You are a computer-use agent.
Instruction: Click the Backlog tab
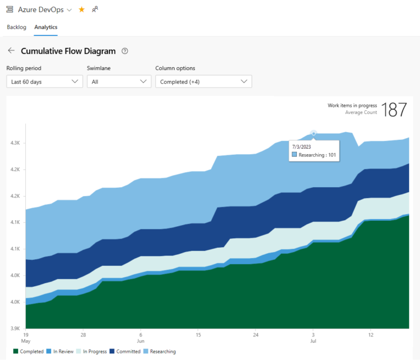[16, 27]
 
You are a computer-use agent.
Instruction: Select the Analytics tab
[46, 27]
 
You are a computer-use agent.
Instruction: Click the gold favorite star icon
[82, 10]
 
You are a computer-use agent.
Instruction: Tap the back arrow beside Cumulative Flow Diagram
[11, 51]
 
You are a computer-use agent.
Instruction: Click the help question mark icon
[125, 51]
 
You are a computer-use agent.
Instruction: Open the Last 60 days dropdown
[44, 81]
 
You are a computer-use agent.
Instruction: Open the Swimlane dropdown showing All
[118, 81]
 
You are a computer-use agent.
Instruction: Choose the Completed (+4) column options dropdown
[203, 81]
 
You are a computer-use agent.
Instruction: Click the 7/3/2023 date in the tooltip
[302, 146]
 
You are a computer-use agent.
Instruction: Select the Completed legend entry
[28, 352]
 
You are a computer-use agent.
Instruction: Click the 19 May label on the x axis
[26, 337]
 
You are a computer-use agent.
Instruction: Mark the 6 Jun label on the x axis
[140, 337]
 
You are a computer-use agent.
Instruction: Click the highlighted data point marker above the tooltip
[313, 133]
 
